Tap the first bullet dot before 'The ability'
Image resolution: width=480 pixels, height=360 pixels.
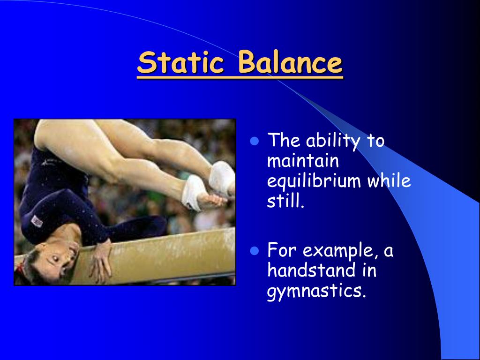click(255, 141)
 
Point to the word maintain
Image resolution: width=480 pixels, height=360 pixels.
click(302, 161)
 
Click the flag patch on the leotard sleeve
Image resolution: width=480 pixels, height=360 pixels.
click(37, 219)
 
